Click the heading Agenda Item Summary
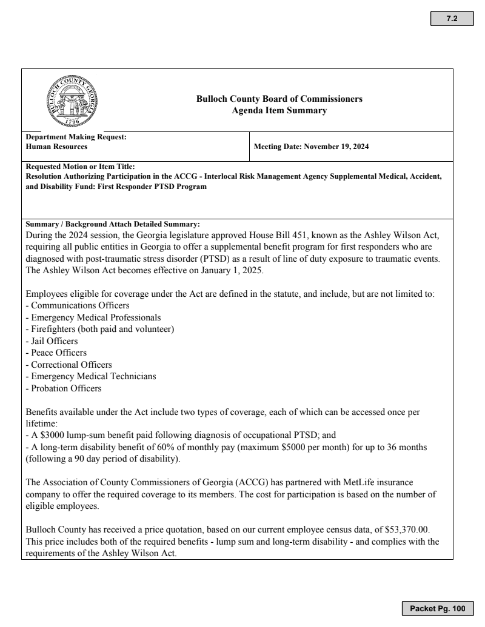tap(279, 110)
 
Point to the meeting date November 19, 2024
tap(336, 147)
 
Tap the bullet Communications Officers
tap(70, 306)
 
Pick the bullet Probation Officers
tap(64, 388)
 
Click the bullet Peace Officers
tap(56, 353)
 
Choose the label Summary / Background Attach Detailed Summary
tap(113, 224)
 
